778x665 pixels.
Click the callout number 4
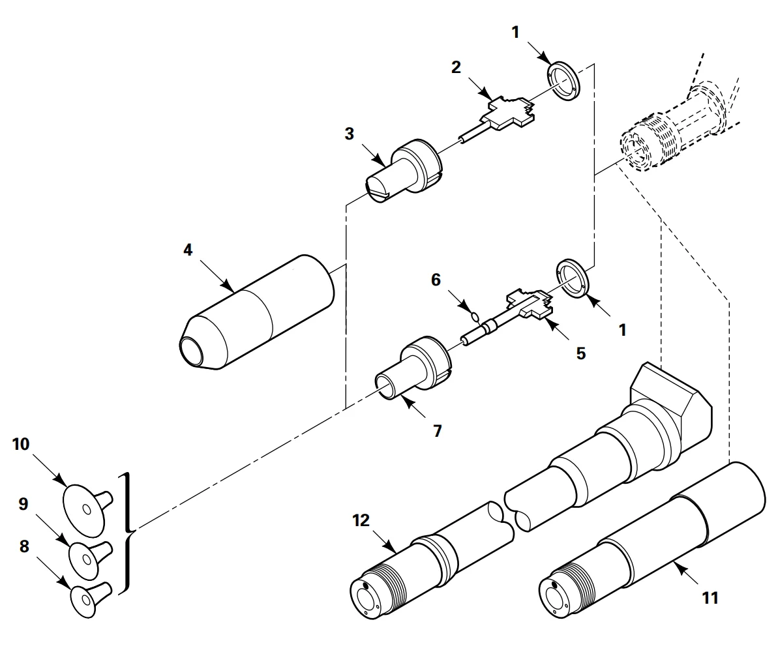188,250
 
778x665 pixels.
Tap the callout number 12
361,520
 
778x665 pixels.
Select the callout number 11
711,598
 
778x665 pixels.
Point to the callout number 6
436,280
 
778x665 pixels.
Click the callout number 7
437,431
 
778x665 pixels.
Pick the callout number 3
350,134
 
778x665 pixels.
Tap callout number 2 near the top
456,67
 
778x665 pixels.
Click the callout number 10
21,444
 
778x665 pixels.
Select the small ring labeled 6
475,316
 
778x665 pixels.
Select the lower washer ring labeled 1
571,278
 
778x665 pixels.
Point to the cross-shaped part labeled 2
509,112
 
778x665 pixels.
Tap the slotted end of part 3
379,190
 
